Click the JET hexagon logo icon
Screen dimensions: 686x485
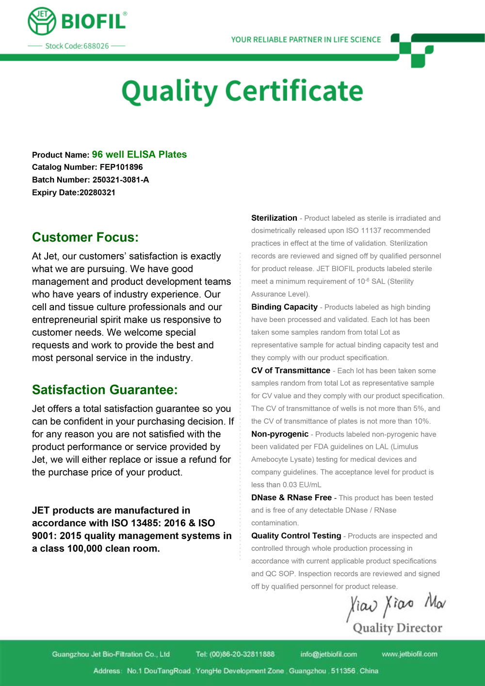tap(42, 22)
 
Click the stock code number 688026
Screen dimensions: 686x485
tap(96, 46)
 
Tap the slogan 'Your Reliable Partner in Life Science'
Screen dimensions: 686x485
tap(306, 40)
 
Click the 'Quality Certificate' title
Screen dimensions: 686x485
tap(242, 91)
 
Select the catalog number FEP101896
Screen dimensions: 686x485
tap(121, 167)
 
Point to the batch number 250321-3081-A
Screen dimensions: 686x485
tap(121, 180)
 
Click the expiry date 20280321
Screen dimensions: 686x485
tap(97, 193)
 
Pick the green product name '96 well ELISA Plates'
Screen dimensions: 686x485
tap(139, 155)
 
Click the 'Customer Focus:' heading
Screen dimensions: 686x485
tap(85, 237)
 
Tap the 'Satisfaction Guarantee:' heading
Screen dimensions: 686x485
tap(105, 390)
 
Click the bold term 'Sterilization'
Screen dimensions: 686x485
tap(274, 218)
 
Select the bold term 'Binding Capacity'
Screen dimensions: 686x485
tap(284, 307)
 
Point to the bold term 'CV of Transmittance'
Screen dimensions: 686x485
tap(291, 371)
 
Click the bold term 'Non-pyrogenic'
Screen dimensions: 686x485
tap(280, 434)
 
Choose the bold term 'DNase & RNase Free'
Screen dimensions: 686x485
tap(291, 498)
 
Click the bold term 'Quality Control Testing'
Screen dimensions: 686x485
tap(296, 536)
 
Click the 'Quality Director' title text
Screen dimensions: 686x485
tap(397, 628)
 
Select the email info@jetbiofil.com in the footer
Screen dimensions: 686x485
tap(328, 654)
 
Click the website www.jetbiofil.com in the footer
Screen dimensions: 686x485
tap(409, 654)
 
